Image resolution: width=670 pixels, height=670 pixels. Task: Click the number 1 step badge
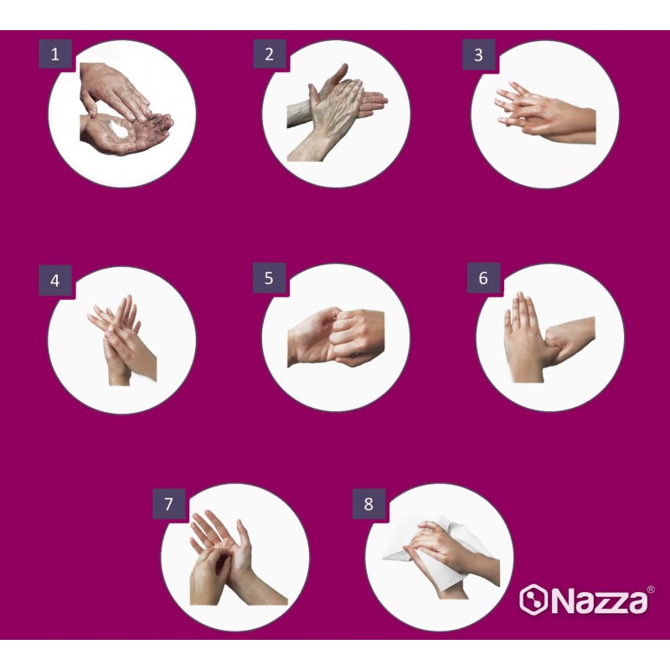pos(55,54)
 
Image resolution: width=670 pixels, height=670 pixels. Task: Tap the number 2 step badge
pos(269,54)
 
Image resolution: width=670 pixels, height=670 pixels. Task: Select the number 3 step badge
pos(478,54)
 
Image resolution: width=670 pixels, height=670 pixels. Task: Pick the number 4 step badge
pos(55,281)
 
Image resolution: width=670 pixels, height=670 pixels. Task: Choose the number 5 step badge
pos(269,278)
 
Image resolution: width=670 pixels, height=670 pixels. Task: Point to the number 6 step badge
pos(483,278)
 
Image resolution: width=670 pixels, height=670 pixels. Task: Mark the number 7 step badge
pos(169,504)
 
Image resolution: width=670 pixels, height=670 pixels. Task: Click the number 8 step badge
pos(368,504)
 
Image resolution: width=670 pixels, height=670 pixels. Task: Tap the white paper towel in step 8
pos(435,552)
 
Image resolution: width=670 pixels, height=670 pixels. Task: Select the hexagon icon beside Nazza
pos(533,600)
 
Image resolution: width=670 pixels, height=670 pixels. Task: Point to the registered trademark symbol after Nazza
pos(651,589)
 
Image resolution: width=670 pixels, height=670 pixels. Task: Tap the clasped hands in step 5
pos(337,337)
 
